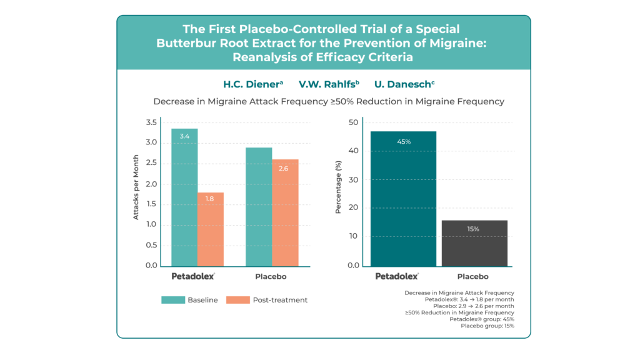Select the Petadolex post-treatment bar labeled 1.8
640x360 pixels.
[x=211, y=228]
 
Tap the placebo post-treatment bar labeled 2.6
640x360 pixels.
[x=284, y=212]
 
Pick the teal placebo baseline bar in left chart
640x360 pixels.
[x=258, y=206]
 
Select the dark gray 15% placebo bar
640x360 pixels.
[x=474, y=242]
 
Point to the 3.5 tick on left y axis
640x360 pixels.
[x=151, y=122]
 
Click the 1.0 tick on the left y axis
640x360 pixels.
[x=151, y=224]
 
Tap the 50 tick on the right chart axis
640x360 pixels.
[x=352, y=122]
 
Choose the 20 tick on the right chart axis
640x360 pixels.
[x=352, y=208]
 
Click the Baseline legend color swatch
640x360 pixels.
[x=172, y=300]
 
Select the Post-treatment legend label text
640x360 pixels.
[x=280, y=300]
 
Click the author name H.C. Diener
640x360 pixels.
[x=249, y=84]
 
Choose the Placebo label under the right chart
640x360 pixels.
[x=473, y=276]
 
